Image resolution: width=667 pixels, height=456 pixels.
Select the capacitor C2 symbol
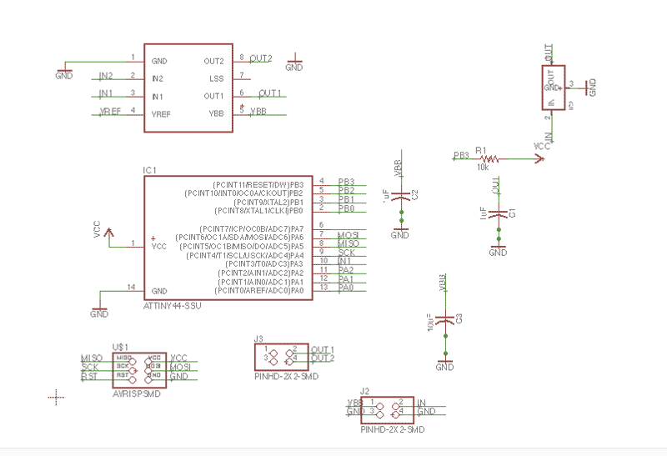[x=401, y=195]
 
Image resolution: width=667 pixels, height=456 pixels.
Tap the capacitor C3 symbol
[x=445, y=319]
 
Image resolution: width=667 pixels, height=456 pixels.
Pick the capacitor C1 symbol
[x=498, y=214]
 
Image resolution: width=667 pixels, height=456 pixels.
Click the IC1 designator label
[x=150, y=170]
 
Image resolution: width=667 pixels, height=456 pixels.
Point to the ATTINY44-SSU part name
[x=173, y=306]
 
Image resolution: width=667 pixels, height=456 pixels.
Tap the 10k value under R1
[x=483, y=167]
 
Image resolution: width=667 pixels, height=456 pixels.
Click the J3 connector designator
[x=259, y=338]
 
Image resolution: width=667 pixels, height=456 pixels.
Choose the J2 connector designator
[x=364, y=390]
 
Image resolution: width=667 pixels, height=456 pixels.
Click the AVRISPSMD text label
[x=136, y=393]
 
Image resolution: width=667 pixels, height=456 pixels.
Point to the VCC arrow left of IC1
[x=105, y=231]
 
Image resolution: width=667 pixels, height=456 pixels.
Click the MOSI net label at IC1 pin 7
[x=348, y=237]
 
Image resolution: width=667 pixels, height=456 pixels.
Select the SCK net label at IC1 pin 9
[x=347, y=252]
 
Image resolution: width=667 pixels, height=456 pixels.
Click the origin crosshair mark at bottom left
[x=57, y=397]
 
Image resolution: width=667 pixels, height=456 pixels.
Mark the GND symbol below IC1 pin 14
[x=99, y=313]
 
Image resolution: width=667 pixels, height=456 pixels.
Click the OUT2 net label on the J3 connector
[x=323, y=358]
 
